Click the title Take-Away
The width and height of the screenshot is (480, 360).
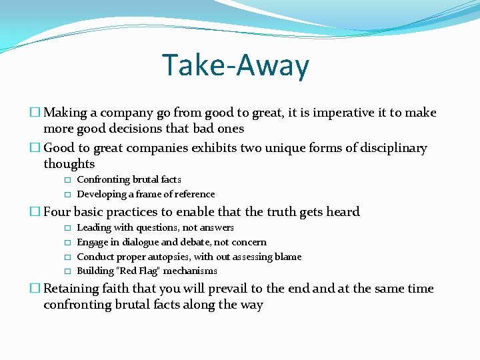[236, 65]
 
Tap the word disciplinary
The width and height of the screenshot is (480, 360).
[393, 147]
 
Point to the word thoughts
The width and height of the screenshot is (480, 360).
[69, 164]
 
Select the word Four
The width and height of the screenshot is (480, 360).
[57, 212]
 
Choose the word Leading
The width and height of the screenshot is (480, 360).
[94, 228]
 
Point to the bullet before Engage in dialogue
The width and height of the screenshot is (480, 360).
[67, 243]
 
